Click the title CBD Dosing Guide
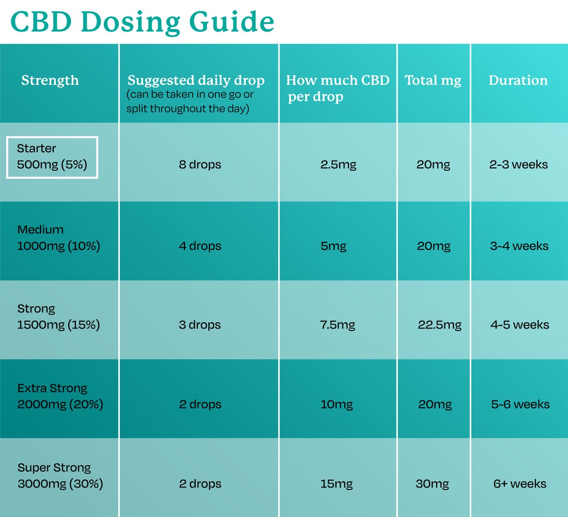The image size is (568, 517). [x=142, y=22]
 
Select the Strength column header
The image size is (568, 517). [x=50, y=81]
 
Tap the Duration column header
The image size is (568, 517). [x=518, y=81]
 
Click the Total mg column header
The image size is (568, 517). [x=433, y=81]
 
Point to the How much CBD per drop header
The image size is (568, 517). [x=337, y=88]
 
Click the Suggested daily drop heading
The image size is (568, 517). [x=196, y=81]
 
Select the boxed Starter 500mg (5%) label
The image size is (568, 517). [x=52, y=157]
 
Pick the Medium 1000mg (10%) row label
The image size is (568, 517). [x=58, y=238]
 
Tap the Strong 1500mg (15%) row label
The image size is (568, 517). [x=58, y=317]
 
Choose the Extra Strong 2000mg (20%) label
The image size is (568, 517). [x=60, y=396]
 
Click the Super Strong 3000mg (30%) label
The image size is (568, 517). [x=60, y=476]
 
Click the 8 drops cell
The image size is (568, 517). [x=200, y=165]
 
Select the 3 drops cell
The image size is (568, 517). [x=200, y=325]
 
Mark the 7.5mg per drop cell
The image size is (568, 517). [x=338, y=325]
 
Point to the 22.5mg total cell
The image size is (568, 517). [x=439, y=325]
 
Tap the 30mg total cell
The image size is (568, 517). [x=432, y=484]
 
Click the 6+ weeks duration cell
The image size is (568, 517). [x=519, y=484]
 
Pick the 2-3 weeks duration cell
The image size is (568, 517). [x=518, y=165]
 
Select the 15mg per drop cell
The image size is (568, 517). [x=337, y=484]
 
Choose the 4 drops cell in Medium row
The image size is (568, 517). [x=200, y=246]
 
